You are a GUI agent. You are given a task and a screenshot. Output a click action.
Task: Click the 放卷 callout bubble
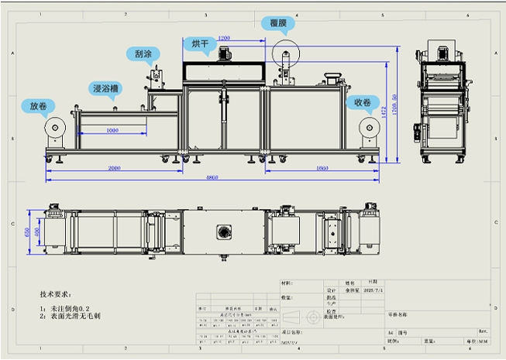tap(38, 105)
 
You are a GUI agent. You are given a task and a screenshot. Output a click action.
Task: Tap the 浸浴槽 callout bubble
tap(105, 88)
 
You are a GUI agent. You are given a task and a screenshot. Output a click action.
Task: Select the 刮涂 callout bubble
tap(143, 54)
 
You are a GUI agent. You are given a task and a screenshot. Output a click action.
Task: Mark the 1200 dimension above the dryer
tap(224, 37)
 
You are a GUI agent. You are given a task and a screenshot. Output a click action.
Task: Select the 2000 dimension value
tap(114, 168)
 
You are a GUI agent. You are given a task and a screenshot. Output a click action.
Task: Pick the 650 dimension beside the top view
tap(26, 232)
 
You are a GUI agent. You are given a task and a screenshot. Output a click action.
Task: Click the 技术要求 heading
tap(56, 295)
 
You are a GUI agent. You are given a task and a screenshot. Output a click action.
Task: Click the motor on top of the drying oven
tap(226, 53)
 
